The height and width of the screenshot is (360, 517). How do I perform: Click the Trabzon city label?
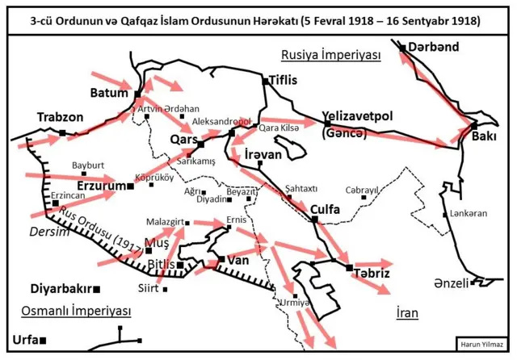[60, 117]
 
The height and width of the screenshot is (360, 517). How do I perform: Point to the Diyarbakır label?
[61, 288]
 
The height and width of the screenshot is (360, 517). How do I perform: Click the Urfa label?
[25, 340]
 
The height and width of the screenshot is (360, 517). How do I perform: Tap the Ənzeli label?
[449, 283]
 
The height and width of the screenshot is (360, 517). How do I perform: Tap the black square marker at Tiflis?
[266, 82]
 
